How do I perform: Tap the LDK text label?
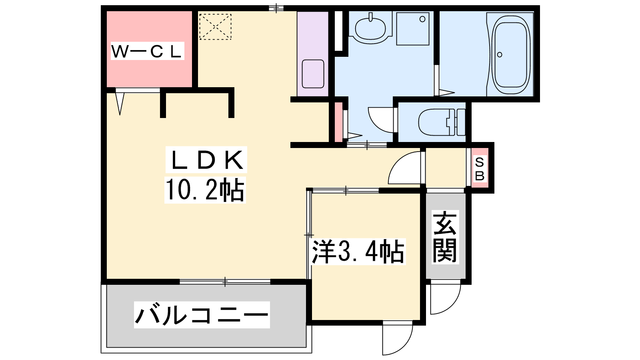click(x=206, y=160)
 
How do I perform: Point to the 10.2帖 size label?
click(x=205, y=190)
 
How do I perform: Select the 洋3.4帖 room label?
click(x=358, y=252)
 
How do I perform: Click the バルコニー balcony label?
click(x=202, y=315)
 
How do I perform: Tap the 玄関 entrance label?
click(x=445, y=237)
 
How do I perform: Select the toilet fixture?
click(x=442, y=122)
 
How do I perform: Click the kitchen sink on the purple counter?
click(x=313, y=74)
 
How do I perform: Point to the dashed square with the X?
click(x=215, y=26)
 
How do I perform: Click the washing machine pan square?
click(x=413, y=28)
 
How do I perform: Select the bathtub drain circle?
click(x=500, y=54)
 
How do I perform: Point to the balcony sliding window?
click(x=225, y=282)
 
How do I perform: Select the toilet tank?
click(x=460, y=122)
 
